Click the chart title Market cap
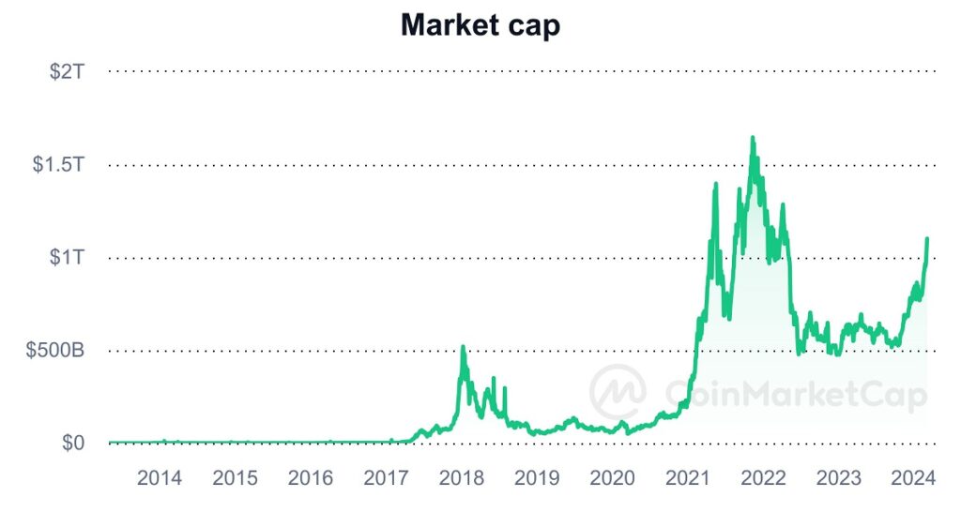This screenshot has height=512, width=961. [480, 25]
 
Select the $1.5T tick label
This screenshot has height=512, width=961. [59, 165]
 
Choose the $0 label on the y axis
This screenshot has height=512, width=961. [74, 444]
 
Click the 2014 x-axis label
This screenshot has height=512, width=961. [160, 478]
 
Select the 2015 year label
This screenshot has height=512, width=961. [235, 478]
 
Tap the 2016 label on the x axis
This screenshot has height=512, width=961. [311, 478]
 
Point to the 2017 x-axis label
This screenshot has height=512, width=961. [386, 478]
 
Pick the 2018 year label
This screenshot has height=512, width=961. [462, 478]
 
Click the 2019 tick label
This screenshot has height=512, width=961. [537, 478]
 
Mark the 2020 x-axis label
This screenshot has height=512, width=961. [613, 478]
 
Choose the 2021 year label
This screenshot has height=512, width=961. [688, 478]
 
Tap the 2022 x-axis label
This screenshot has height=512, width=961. [763, 478]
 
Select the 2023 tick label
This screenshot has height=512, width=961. [839, 478]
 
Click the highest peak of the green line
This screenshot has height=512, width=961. [753, 138]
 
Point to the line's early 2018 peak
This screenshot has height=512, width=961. [463, 347]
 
